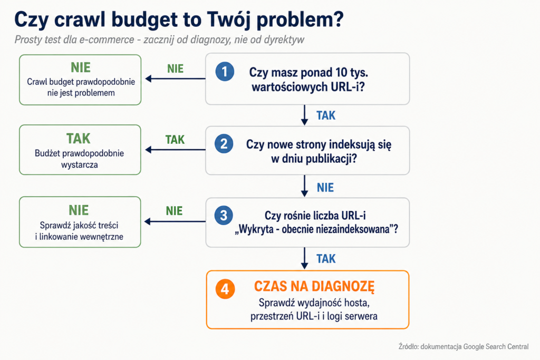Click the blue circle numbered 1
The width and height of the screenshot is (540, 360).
225,72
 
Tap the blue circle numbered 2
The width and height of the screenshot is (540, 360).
224,143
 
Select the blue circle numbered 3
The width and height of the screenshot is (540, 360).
224,216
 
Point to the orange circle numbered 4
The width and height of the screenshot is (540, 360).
225,289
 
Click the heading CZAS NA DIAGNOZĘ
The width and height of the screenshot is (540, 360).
314,286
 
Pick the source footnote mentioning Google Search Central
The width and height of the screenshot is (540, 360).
463,347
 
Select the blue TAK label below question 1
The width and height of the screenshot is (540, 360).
326,115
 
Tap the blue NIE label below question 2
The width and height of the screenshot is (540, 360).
325,188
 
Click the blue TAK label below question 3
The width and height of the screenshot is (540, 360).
326,259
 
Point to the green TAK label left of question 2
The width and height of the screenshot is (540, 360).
175,140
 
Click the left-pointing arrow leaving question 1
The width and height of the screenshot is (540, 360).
175,79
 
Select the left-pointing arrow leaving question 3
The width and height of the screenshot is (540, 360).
175,221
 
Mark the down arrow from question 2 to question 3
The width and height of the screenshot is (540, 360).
304,186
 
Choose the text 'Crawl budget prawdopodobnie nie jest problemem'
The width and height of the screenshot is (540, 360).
81,87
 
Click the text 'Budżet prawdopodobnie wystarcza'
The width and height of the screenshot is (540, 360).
79,159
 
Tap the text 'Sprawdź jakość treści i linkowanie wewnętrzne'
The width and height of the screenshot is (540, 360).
79,231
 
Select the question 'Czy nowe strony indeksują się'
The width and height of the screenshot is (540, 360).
319,144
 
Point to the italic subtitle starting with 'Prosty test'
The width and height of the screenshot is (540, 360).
159,40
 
